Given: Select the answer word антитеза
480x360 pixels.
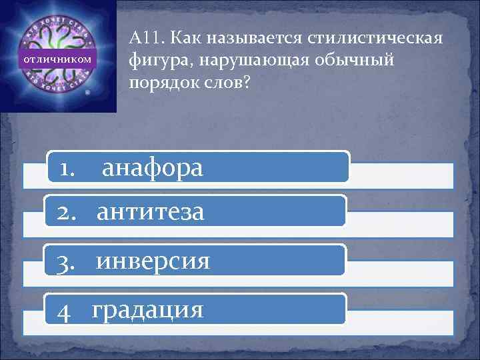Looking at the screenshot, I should pos(151,213).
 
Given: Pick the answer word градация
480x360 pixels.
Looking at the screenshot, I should pos(148,310).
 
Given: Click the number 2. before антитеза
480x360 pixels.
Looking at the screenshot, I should pos(69,213).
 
